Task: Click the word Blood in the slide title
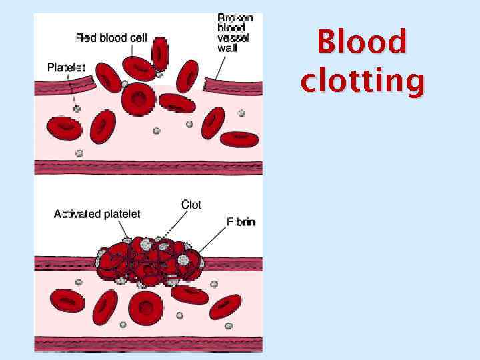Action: [x=362, y=42]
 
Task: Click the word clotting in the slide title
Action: [x=362, y=81]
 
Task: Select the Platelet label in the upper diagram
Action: [x=66, y=67]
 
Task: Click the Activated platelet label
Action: [x=97, y=214]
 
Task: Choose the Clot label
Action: [x=191, y=205]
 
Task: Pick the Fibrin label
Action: [x=240, y=221]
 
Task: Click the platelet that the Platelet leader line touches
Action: [x=77, y=108]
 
